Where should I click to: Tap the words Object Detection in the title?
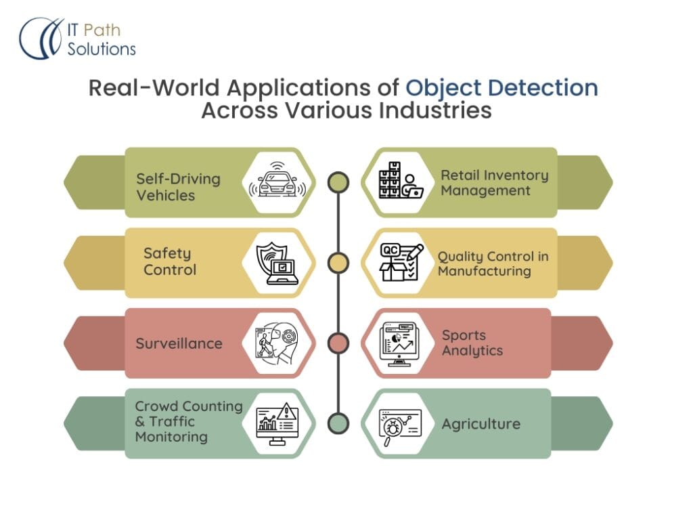click(501, 89)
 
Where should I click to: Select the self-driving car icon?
click(277, 182)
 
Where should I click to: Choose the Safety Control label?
click(169, 261)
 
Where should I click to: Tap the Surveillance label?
click(179, 343)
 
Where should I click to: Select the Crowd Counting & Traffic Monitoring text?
click(188, 421)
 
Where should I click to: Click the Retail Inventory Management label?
click(494, 183)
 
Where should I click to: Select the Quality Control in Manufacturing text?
click(493, 263)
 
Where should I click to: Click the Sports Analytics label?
click(472, 343)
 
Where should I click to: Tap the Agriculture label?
click(480, 424)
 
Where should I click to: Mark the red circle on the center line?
click(338, 343)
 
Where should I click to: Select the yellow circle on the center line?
click(338, 263)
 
